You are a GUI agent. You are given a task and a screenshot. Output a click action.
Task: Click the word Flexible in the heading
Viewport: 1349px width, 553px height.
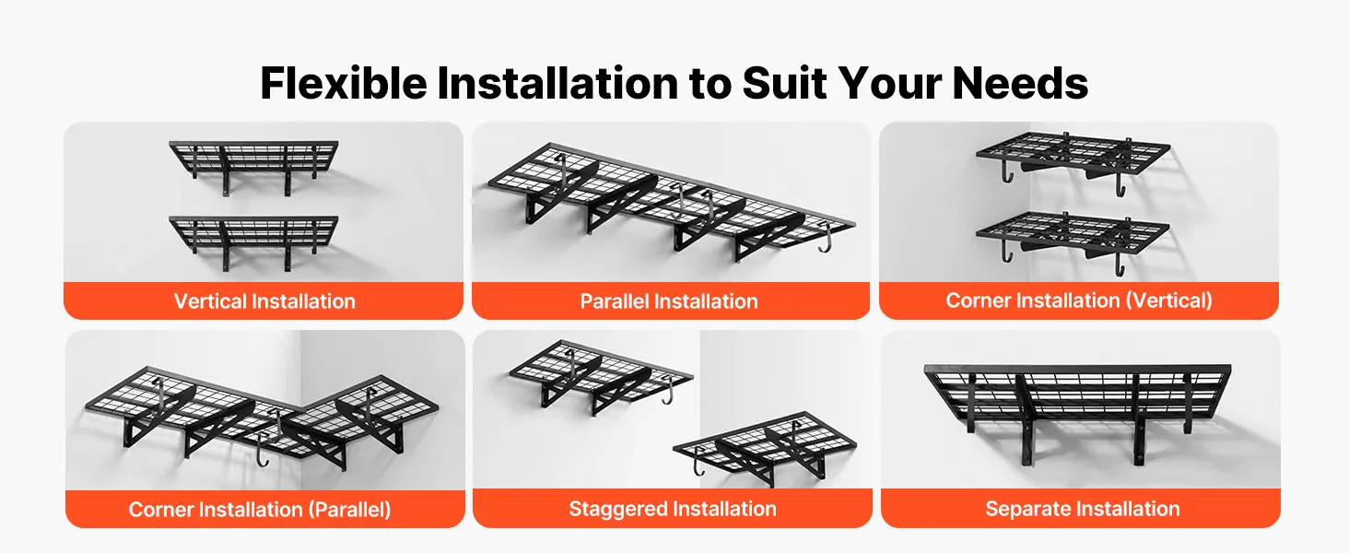(344, 83)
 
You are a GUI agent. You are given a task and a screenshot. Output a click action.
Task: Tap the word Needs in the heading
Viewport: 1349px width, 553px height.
(1020, 83)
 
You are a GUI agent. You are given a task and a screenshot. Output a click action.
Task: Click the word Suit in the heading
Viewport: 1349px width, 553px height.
(785, 83)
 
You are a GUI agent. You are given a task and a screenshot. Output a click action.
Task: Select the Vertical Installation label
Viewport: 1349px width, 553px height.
(264, 300)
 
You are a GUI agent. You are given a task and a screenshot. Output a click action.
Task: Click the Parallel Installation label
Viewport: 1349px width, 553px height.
(668, 300)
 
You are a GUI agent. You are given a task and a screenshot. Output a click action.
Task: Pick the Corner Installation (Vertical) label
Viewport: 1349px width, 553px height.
(1079, 300)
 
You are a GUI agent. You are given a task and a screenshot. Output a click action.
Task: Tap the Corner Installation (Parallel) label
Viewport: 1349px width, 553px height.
(260, 509)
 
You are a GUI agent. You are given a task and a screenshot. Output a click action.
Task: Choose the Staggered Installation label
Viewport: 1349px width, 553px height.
(672, 509)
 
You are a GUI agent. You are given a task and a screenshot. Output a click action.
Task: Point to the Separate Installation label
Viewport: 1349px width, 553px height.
(1082, 509)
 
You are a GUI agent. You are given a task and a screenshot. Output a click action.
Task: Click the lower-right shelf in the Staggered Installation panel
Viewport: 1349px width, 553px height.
(765, 449)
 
